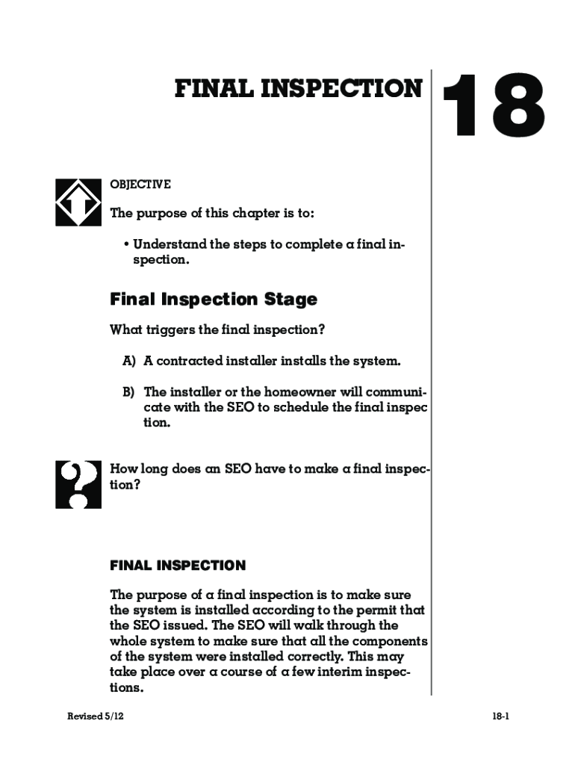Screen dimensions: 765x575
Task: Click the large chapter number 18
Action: tap(493, 106)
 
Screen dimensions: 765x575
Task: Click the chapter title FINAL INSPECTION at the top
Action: tap(299, 89)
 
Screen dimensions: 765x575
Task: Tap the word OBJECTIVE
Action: tap(140, 185)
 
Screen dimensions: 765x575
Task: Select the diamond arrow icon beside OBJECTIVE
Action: tap(78, 202)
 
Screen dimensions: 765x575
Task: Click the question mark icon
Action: tap(78, 485)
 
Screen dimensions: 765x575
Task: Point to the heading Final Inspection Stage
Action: tap(214, 300)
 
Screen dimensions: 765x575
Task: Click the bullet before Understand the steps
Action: tap(128, 245)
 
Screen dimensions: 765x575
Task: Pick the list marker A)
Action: tap(129, 362)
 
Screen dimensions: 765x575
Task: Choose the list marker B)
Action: tap(129, 392)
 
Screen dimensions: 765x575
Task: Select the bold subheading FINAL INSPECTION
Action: tap(178, 566)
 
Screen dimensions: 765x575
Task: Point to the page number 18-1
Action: tap(500, 716)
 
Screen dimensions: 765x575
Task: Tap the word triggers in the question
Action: tap(165, 330)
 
